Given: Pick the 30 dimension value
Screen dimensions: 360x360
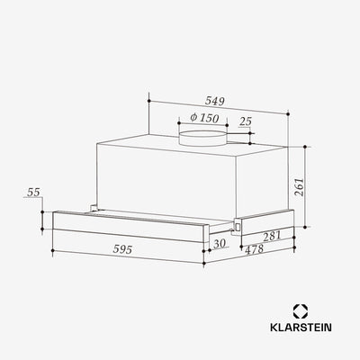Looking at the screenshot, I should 220,242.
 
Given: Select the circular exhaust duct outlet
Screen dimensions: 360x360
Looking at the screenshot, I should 202,137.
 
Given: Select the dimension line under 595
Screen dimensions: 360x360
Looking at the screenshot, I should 126,258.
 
